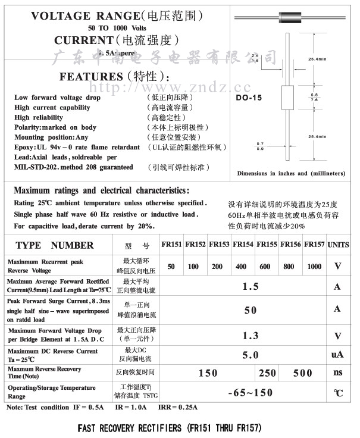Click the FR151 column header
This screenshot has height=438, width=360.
coord(171,245)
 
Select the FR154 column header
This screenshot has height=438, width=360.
coord(242,245)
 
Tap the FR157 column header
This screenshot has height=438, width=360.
coord(314,245)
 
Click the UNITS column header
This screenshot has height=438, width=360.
coord(338,245)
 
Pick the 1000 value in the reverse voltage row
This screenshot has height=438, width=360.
coord(314,266)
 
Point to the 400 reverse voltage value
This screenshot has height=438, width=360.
coord(241,266)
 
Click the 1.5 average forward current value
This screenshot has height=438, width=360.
coord(251,286)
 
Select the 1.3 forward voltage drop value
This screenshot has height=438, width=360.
coord(251,336)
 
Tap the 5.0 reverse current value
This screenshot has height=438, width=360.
coord(251,355)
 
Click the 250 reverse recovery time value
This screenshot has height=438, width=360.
coord(268,373)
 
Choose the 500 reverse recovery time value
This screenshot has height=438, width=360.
coord(303,373)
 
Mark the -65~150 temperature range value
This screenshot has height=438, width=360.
coord(251,392)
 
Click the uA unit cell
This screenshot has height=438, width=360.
coord(337,355)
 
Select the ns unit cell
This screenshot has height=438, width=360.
coord(337,373)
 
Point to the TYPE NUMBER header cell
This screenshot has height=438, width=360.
coord(54,245)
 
